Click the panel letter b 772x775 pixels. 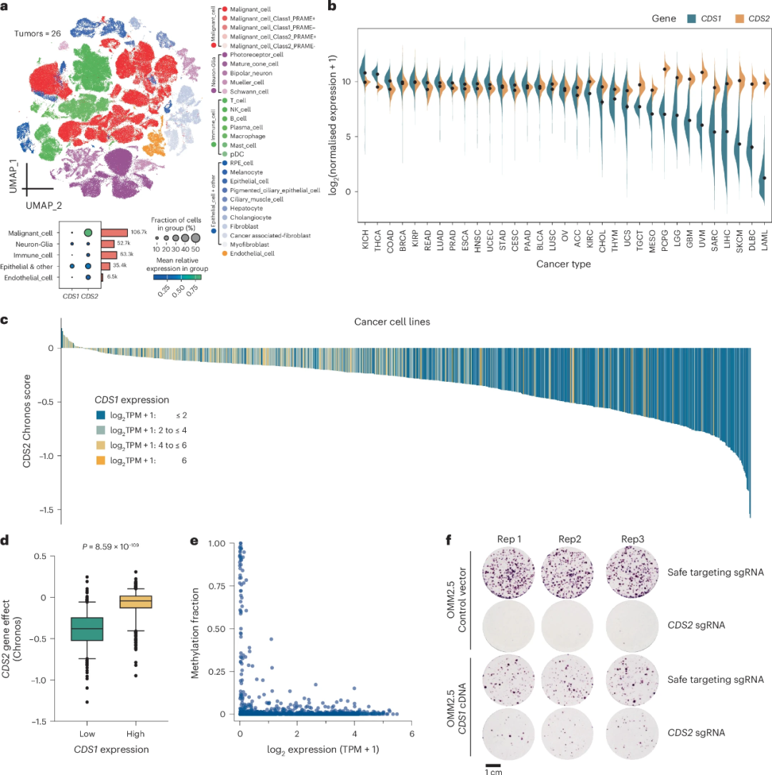[x=332, y=6]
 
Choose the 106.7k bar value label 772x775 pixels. [x=139, y=232]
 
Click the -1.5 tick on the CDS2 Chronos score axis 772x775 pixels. [x=47, y=509]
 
